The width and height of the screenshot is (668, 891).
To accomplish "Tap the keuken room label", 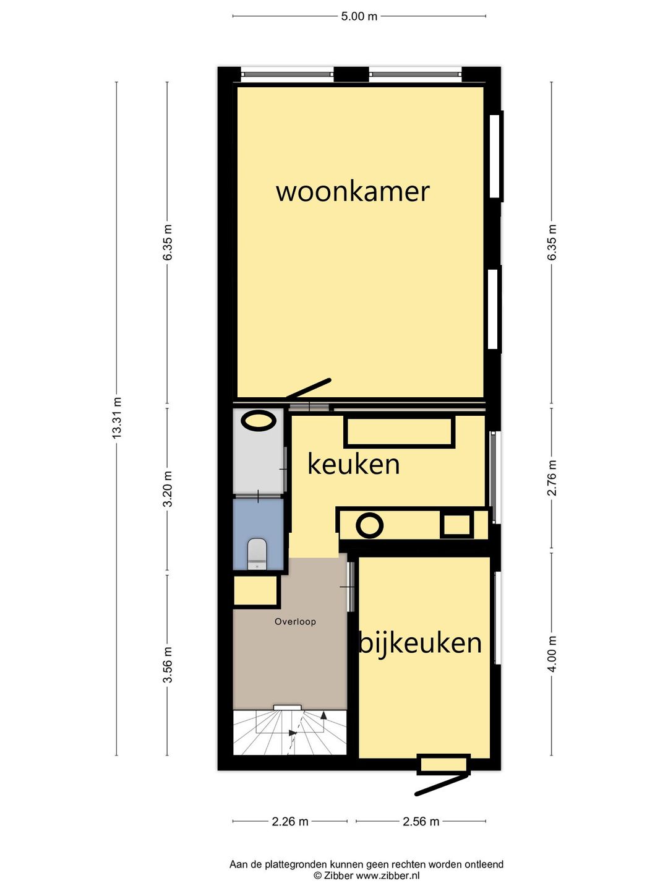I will click(353, 464).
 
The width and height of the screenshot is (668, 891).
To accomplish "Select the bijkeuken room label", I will click(421, 643).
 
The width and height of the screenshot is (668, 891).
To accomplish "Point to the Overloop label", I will click(295, 622).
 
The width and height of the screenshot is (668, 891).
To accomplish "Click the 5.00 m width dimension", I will click(359, 16).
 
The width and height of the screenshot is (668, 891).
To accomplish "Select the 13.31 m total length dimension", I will click(116, 418).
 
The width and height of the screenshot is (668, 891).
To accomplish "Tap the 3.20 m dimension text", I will click(167, 489).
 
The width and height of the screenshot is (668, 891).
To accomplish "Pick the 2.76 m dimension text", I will click(552, 478).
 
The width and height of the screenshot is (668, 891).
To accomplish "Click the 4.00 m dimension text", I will click(552, 653).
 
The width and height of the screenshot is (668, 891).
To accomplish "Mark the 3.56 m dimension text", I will click(167, 665).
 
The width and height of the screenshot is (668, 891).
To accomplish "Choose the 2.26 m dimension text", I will click(289, 822).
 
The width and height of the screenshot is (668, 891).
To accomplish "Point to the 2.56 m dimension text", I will click(421, 822).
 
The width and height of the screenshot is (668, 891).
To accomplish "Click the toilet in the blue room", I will click(257, 553).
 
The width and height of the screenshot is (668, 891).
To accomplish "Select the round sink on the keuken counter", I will click(369, 525).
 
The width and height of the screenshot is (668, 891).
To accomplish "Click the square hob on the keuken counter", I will click(456, 525).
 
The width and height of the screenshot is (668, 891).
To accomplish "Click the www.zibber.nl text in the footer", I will click(388, 876).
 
